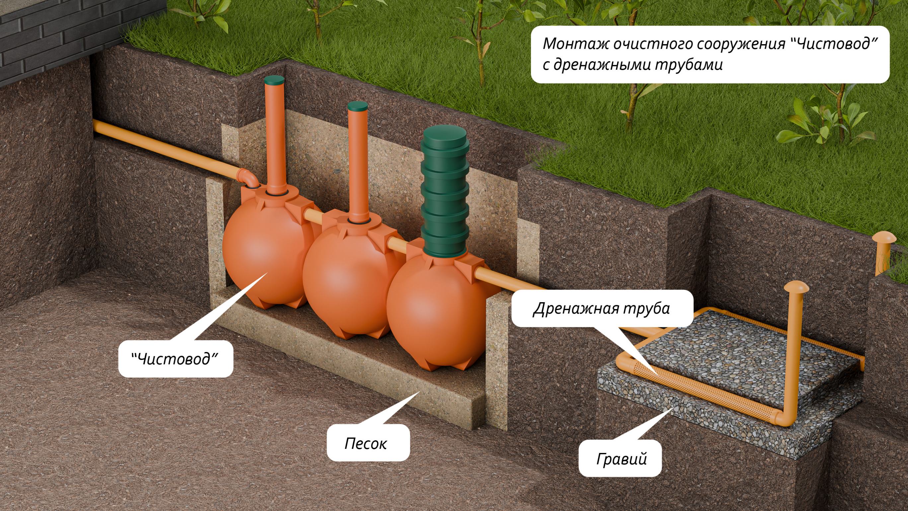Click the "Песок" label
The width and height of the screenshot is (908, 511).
click(x=365, y=443)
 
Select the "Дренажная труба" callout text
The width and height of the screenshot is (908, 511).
click(x=601, y=308)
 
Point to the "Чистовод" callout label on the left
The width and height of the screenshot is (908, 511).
click(x=175, y=359)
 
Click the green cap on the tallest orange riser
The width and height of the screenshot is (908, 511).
click(x=274, y=79)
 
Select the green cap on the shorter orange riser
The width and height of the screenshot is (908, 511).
click(x=357, y=106)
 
